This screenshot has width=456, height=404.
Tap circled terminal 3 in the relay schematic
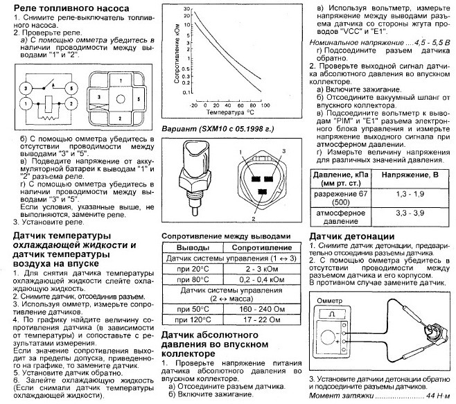click(26, 89)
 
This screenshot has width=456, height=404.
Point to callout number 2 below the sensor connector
click(253, 218)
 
